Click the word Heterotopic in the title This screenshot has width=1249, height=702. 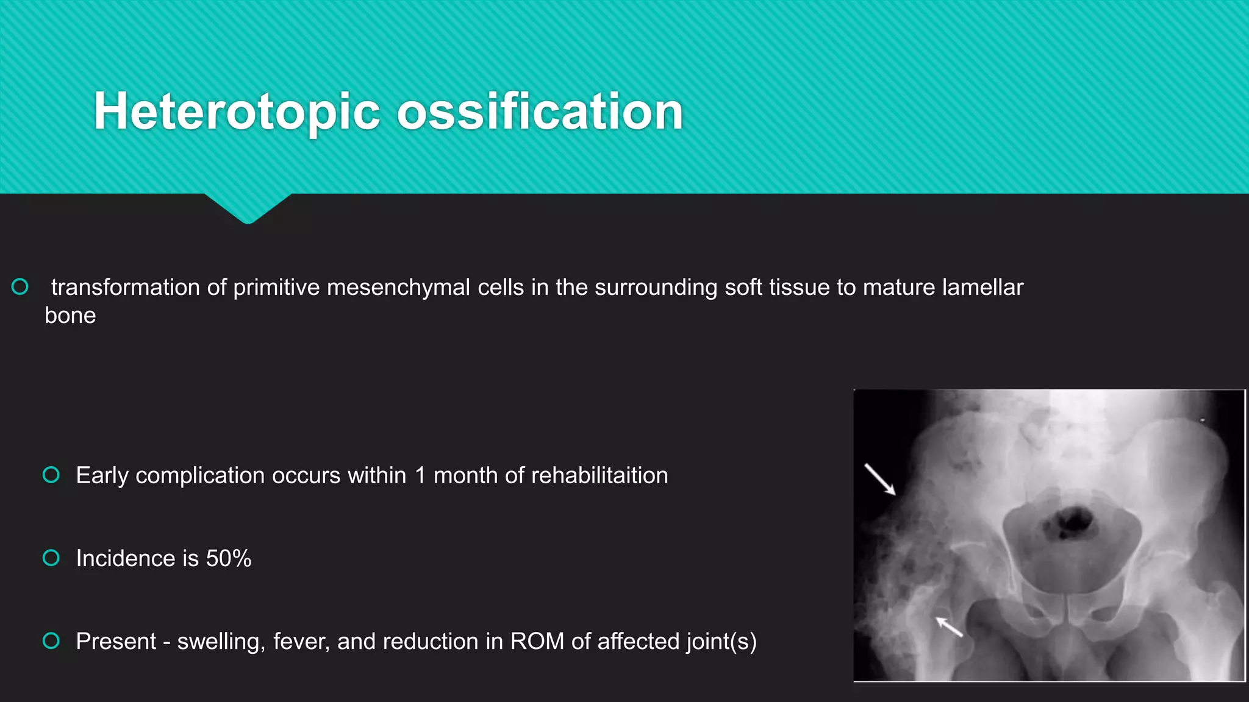tap(238, 112)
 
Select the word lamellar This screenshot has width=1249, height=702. tap(982, 288)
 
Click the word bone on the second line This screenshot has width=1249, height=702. tap(70, 316)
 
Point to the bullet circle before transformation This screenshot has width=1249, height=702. tap(20, 286)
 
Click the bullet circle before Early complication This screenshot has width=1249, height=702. tap(51, 475)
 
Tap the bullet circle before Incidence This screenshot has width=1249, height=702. tap(51, 558)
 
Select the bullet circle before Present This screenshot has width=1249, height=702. tap(51, 640)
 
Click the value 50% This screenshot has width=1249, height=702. tap(229, 559)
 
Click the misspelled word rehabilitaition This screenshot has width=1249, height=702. tap(599, 476)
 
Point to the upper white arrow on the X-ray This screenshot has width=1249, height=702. tap(880, 479)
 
